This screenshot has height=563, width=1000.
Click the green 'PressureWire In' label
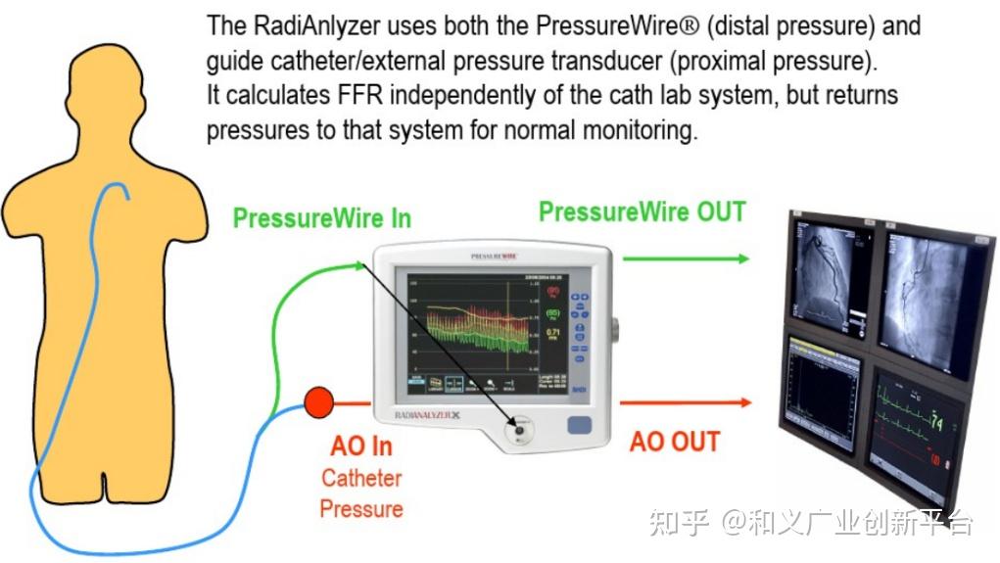pos(321,218)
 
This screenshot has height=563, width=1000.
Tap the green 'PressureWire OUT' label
pos(643,212)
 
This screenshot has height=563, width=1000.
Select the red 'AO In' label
pos(361,446)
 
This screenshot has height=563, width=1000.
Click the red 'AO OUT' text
pos(675,442)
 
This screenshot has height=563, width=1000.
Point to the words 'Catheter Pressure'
pos(361,493)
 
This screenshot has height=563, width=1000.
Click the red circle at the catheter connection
pos(319,401)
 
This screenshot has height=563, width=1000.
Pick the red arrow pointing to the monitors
pos(687,402)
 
